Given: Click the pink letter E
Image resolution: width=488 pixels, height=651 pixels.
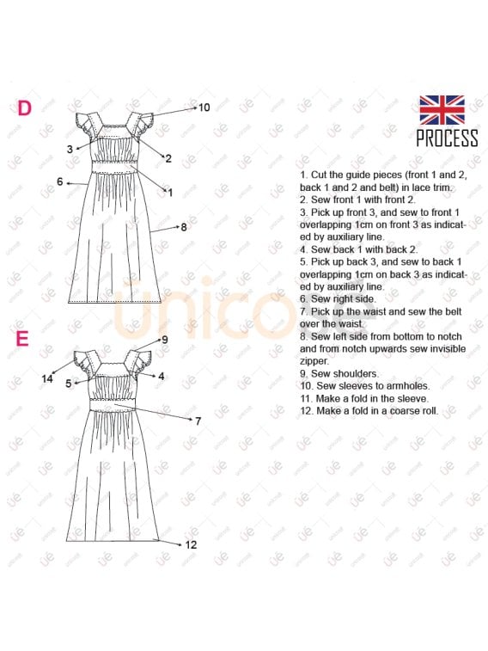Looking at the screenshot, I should [23, 339].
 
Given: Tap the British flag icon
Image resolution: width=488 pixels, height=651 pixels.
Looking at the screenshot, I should [442, 110].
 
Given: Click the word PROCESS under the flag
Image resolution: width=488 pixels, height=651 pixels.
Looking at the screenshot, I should [447, 138].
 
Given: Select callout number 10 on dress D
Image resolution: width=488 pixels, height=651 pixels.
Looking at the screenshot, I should [204, 108].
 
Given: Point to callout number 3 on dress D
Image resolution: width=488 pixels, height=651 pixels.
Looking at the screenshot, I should [69, 149].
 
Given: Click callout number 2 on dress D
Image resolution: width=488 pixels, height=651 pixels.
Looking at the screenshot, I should [168, 158].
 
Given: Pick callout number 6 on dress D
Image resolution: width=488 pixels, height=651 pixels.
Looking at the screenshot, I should [60, 181].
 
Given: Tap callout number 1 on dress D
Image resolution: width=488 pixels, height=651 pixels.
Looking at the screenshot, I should [170, 193].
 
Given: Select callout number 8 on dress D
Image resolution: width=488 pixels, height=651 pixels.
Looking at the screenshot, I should [183, 227].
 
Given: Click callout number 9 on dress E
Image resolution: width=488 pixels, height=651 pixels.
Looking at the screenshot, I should [164, 340].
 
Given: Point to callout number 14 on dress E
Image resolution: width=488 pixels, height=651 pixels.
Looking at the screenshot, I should [47, 378].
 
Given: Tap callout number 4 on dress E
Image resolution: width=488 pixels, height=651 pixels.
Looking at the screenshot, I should [161, 377].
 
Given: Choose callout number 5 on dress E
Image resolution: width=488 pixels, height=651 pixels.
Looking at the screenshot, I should [68, 384].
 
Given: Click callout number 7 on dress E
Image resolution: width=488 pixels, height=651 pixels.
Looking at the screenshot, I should [198, 421].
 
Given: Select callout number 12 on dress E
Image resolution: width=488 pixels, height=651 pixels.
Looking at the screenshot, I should [191, 544].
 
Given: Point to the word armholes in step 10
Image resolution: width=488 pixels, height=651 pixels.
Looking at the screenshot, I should [403, 386].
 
